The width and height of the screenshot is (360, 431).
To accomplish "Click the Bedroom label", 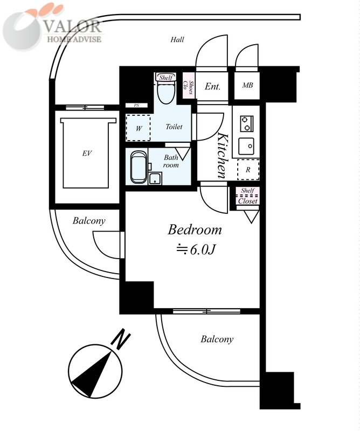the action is click(195, 230).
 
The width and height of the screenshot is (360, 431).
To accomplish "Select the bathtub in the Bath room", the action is click(139, 167).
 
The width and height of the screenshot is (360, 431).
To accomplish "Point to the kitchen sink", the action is click(246, 146).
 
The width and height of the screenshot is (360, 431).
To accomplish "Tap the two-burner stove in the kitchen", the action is click(246, 123).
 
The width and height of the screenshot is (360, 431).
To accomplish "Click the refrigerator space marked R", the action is click(248, 170).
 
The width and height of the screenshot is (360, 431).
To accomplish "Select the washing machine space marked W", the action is click(139, 128).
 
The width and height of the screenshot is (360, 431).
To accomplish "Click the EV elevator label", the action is click(87, 153).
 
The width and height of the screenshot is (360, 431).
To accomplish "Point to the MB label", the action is click(247, 85).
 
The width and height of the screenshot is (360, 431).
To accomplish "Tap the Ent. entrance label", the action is click(212, 87).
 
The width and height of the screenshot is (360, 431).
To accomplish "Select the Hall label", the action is click(177, 39).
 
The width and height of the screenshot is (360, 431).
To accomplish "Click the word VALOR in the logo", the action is click(73, 26).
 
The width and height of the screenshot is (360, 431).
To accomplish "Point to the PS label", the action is click(137, 105).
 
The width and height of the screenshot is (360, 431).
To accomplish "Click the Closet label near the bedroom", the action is click(247, 201).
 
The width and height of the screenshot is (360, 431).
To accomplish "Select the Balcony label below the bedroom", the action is click(217, 339).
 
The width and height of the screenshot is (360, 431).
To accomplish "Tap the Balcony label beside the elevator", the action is click(89, 221).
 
